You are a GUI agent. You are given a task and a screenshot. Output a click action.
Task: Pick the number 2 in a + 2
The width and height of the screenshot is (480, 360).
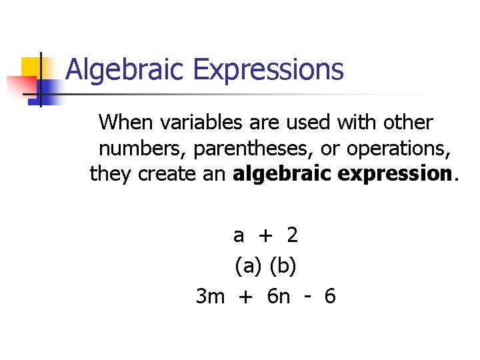[x=292, y=235]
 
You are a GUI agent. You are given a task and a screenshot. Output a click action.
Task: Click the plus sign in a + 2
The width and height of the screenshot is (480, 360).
[x=265, y=235]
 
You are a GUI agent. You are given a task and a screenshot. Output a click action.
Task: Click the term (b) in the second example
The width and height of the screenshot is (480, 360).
[x=283, y=266]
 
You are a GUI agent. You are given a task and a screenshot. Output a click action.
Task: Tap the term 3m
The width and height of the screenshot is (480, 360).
[x=211, y=296]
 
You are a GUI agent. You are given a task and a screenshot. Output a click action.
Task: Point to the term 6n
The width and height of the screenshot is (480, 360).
[x=278, y=296]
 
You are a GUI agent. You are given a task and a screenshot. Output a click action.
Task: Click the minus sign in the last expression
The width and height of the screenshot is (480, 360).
[x=307, y=297]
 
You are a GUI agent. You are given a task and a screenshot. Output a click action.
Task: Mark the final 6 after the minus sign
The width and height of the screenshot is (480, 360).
[x=329, y=296]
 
